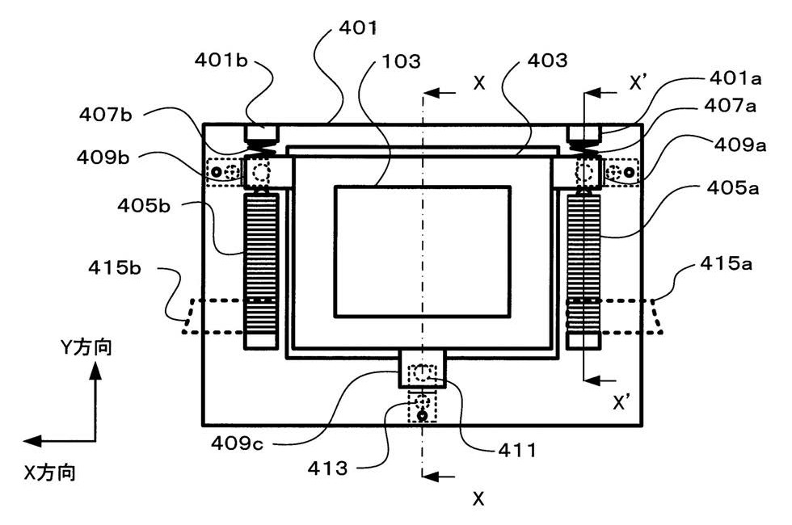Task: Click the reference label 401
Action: pyautogui.click(x=357, y=27)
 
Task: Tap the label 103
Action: pyautogui.click(x=401, y=61)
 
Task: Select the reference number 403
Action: pyautogui.click(x=548, y=61)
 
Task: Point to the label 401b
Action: pyautogui.click(x=221, y=60)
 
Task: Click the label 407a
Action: pyautogui.click(x=730, y=106)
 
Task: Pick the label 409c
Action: pyautogui.click(x=237, y=443)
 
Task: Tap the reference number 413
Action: pyautogui.click(x=327, y=468)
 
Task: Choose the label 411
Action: pyautogui.click(x=516, y=450)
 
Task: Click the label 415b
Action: pyautogui.click(x=115, y=267)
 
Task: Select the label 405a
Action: pyautogui.click(x=732, y=187)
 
